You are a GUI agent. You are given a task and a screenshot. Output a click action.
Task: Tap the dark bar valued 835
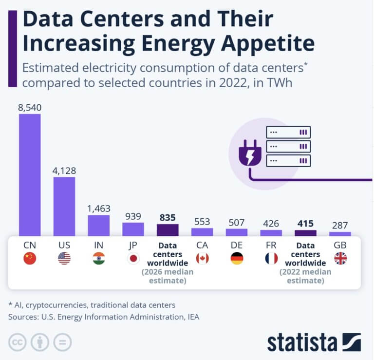(x=168, y=230)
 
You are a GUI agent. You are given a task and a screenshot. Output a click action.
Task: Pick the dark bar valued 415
(x=306, y=233)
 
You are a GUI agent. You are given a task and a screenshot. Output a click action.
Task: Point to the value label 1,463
(x=99, y=208)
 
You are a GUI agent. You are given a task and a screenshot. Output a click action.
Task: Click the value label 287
(x=340, y=225)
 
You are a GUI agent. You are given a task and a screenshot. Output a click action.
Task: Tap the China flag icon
(x=30, y=258)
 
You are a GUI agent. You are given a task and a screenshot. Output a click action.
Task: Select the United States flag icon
(x=64, y=258)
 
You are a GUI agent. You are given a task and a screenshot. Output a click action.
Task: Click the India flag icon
(x=99, y=258)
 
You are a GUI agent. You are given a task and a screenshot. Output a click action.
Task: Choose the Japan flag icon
(x=133, y=258)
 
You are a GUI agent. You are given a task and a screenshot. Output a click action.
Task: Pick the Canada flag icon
(x=202, y=258)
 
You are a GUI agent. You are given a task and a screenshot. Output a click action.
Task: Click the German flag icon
(x=237, y=258)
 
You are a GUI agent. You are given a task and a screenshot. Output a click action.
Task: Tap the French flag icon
(x=271, y=258)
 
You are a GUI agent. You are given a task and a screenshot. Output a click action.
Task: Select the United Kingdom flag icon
(x=340, y=258)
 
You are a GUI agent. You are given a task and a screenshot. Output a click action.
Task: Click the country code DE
(x=237, y=245)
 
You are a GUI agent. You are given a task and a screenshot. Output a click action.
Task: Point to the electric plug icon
(x=247, y=154)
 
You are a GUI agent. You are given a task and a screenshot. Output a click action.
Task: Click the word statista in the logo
(x=302, y=342)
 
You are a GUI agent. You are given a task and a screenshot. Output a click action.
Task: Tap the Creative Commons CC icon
(x=18, y=342)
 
